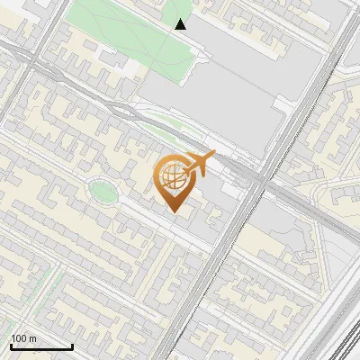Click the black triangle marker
181,24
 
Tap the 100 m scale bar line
41,346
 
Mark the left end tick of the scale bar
11,345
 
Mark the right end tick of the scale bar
72,345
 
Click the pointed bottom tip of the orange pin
174,211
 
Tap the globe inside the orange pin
173,177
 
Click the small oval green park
102,191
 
